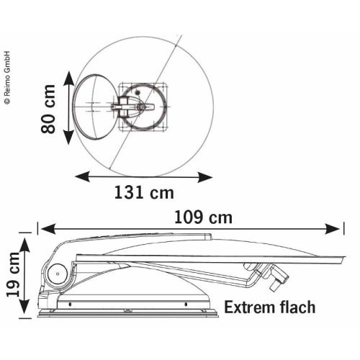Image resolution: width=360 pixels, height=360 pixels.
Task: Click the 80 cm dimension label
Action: click(48, 109)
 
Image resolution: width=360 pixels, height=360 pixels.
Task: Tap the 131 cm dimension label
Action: click(144, 193)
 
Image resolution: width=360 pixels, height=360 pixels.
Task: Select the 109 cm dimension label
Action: click(203, 217)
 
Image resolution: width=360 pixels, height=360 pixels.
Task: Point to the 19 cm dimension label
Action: click(13, 274)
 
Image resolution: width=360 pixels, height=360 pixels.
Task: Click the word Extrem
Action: click(249, 307)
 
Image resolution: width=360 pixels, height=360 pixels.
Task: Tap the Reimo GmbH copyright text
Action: click(7, 78)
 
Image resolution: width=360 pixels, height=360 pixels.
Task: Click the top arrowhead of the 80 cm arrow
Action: click(69, 78)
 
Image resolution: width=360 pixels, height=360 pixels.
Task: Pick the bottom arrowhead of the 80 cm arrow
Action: click(69, 138)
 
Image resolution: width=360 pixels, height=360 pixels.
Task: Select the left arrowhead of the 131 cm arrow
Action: click(82, 176)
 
